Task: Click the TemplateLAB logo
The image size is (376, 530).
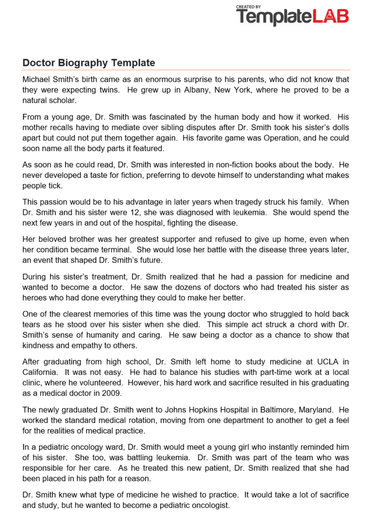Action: [x=292, y=16]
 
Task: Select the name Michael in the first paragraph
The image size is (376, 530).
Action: [x=37, y=79]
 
